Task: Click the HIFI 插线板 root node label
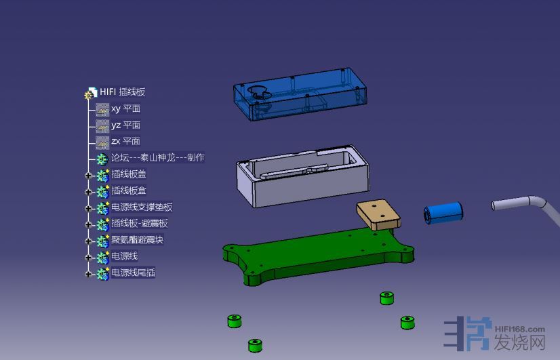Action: pyautogui.click(x=123, y=92)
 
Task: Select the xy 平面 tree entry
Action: pyautogui.click(x=125, y=108)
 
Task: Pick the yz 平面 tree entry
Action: pyautogui.click(x=125, y=125)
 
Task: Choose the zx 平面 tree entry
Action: pyautogui.click(x=125, y=141)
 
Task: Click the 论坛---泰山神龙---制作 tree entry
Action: pyautogui.click(x=158, y=157)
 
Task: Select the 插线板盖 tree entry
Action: pyautogui.click(x=129, y=174)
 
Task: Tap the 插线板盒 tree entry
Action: pyautogui.click(x=129, y=191)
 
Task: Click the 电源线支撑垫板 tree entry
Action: pyautogui.click(x=142, y=207)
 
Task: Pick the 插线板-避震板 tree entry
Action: pyautogui.click(x=140, y=223)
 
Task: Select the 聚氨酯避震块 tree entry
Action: pyautogui.click(x=138, y=239)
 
